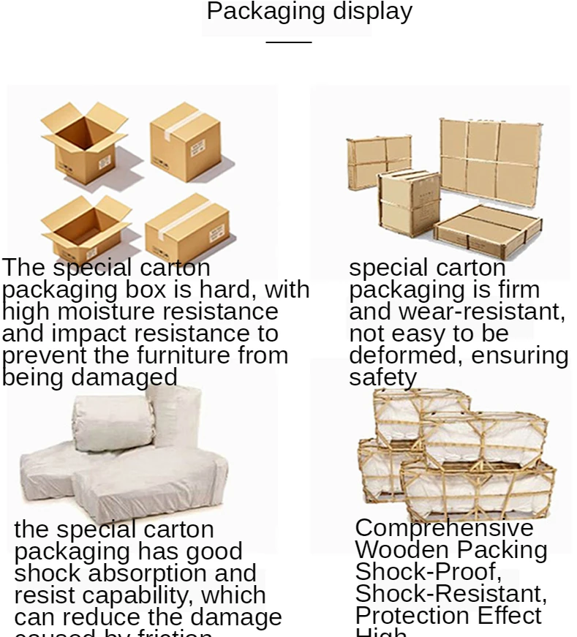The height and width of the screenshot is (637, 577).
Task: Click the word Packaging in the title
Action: point(266,12)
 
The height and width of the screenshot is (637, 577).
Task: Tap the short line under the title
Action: point(288,42)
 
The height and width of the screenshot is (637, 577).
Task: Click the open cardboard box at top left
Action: point(84,143)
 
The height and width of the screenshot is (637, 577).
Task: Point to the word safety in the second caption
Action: point(382,377)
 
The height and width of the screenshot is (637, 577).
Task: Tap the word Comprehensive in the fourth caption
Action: point(444,528)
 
